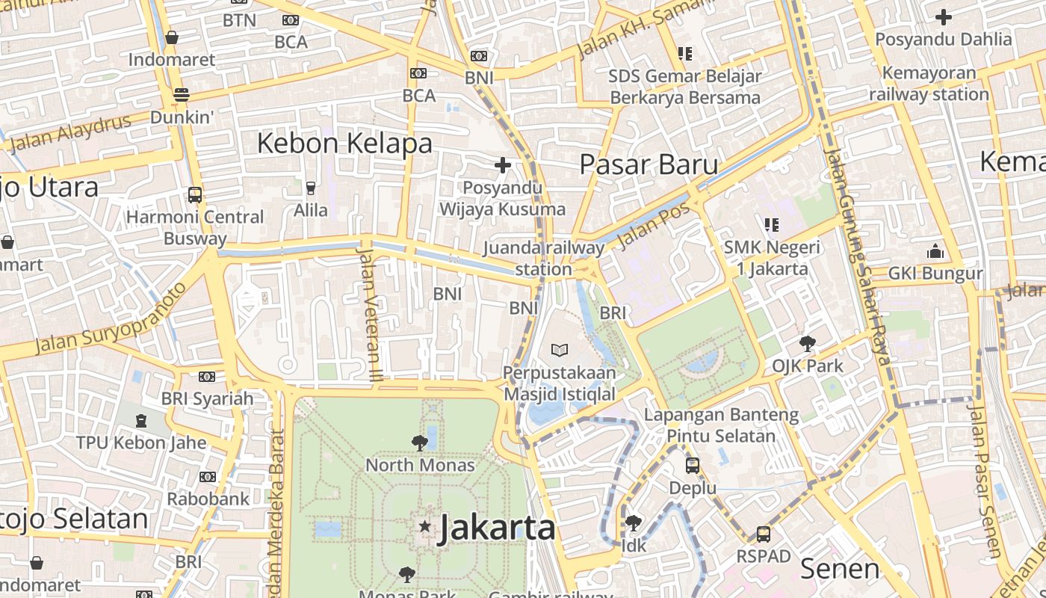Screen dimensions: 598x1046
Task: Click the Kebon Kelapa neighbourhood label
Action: (344, 143)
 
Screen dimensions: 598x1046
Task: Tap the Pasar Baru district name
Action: (649, 164)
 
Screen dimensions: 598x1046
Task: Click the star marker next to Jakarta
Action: (425, 527)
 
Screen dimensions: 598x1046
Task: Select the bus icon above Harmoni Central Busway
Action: (195, 194)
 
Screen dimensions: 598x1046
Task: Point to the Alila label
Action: (310, 210)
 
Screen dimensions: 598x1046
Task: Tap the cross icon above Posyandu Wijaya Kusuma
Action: (503, 164)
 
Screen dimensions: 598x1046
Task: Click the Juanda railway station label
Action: (543, 258)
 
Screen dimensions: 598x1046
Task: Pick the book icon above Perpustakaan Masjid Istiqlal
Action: (560, 349)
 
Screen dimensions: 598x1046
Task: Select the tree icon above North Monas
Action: (419, 443)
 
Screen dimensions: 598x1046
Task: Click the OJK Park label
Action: (807, 366)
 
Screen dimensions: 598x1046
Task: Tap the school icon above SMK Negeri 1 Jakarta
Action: (772, 224)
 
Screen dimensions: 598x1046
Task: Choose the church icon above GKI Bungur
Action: (935, 251)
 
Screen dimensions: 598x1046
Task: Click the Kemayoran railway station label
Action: (929, 84)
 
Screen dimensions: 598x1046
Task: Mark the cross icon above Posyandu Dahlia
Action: (944, 16)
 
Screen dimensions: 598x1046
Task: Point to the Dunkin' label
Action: (182, 117)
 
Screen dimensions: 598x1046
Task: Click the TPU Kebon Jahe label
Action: (141, 443)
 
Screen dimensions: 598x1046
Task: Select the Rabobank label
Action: (208, 499)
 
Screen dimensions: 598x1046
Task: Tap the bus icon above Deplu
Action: (693, 466)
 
